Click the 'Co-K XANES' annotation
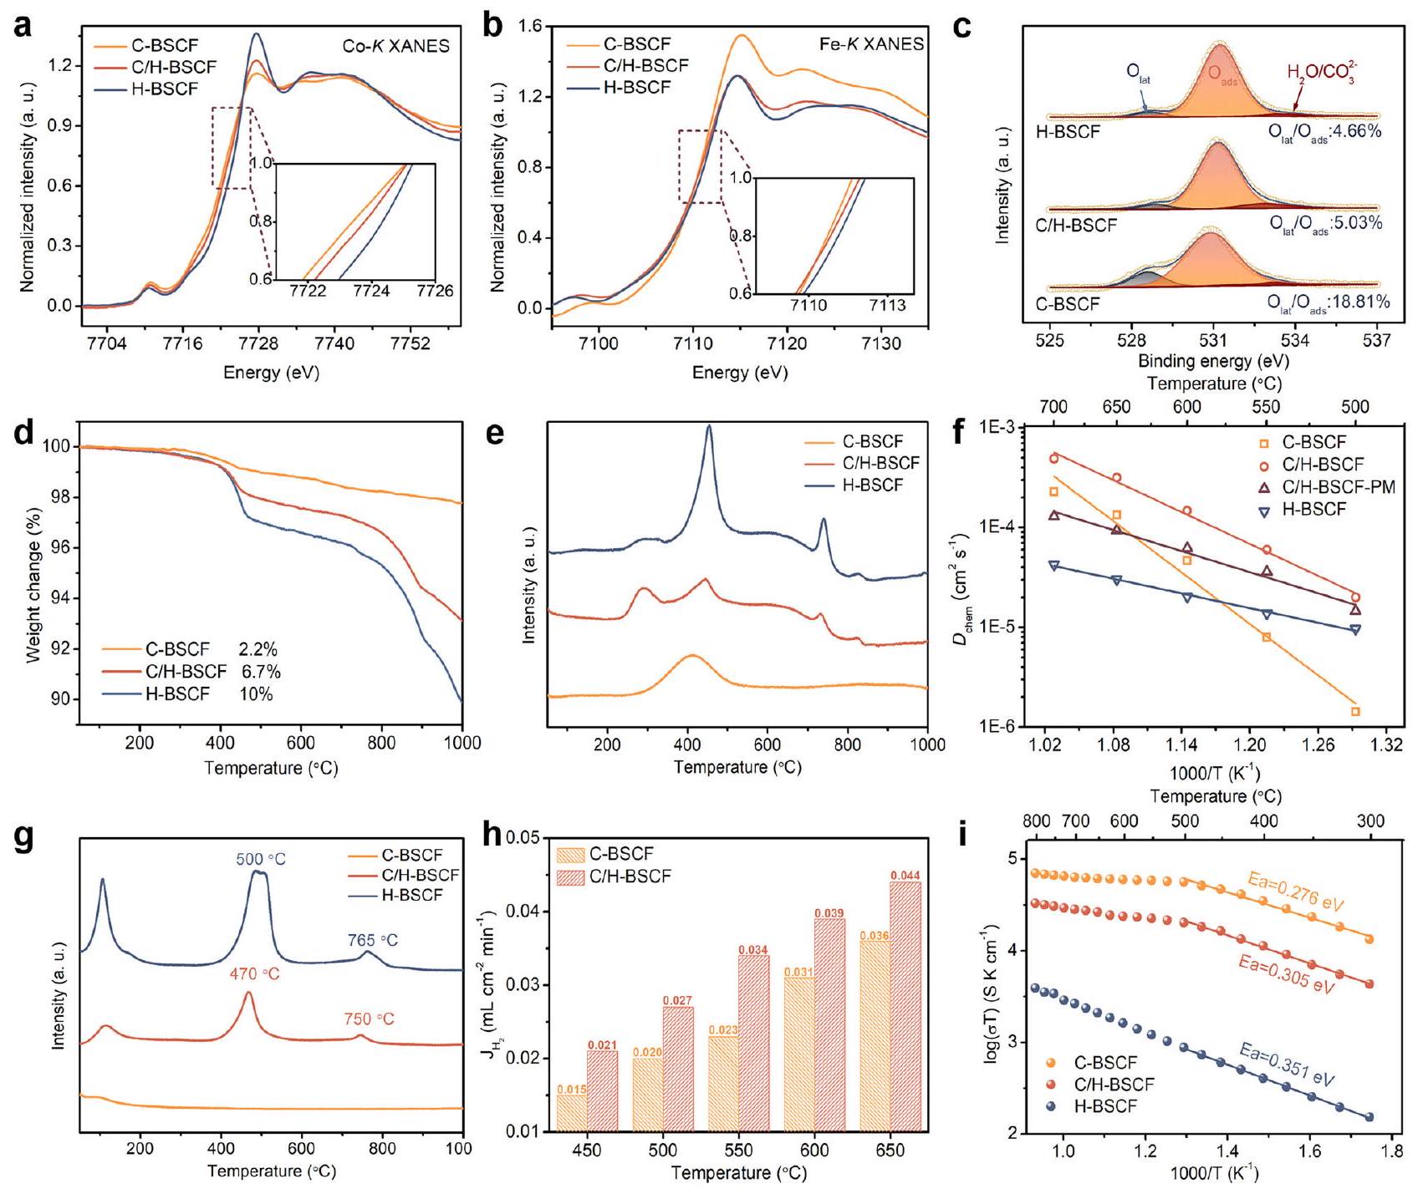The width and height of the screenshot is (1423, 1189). pyautogui.click(x=395, y=46)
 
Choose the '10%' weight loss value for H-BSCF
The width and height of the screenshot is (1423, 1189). pyautogui.click(x=257, y=694)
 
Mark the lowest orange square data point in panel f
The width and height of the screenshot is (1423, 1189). pyautogui.click(x=1355, y=711)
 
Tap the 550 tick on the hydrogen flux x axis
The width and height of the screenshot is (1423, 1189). pyautogui.click(x=738, y=1151)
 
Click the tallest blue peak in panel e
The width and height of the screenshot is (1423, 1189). pyautogui.click(x=709, y=427)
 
